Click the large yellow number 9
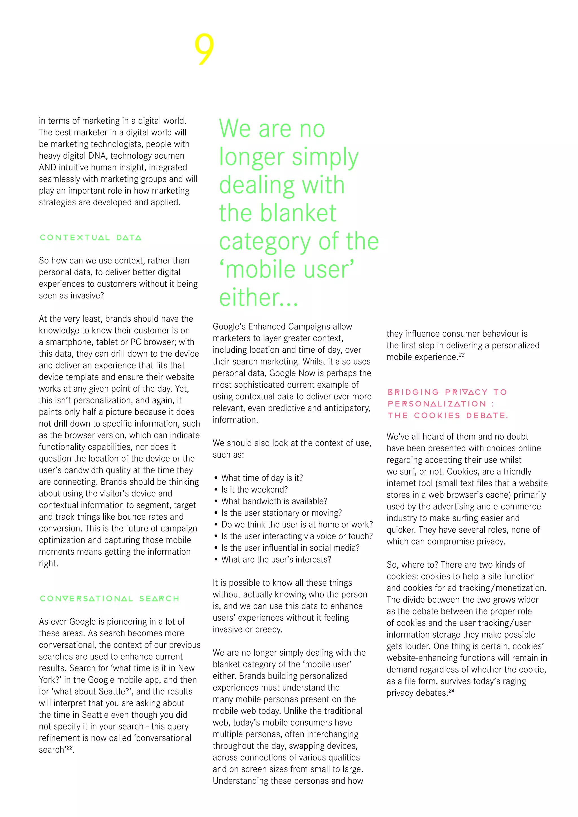(x=204, y=49)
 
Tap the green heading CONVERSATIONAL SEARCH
(x=109, y=599)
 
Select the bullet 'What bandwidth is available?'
(x=274, y=501)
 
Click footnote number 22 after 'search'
(x=69, y=748)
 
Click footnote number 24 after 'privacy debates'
(x=451, y=691)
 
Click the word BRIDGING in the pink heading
(x=413, y=392)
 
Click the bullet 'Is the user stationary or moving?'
(x=281, y=513)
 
